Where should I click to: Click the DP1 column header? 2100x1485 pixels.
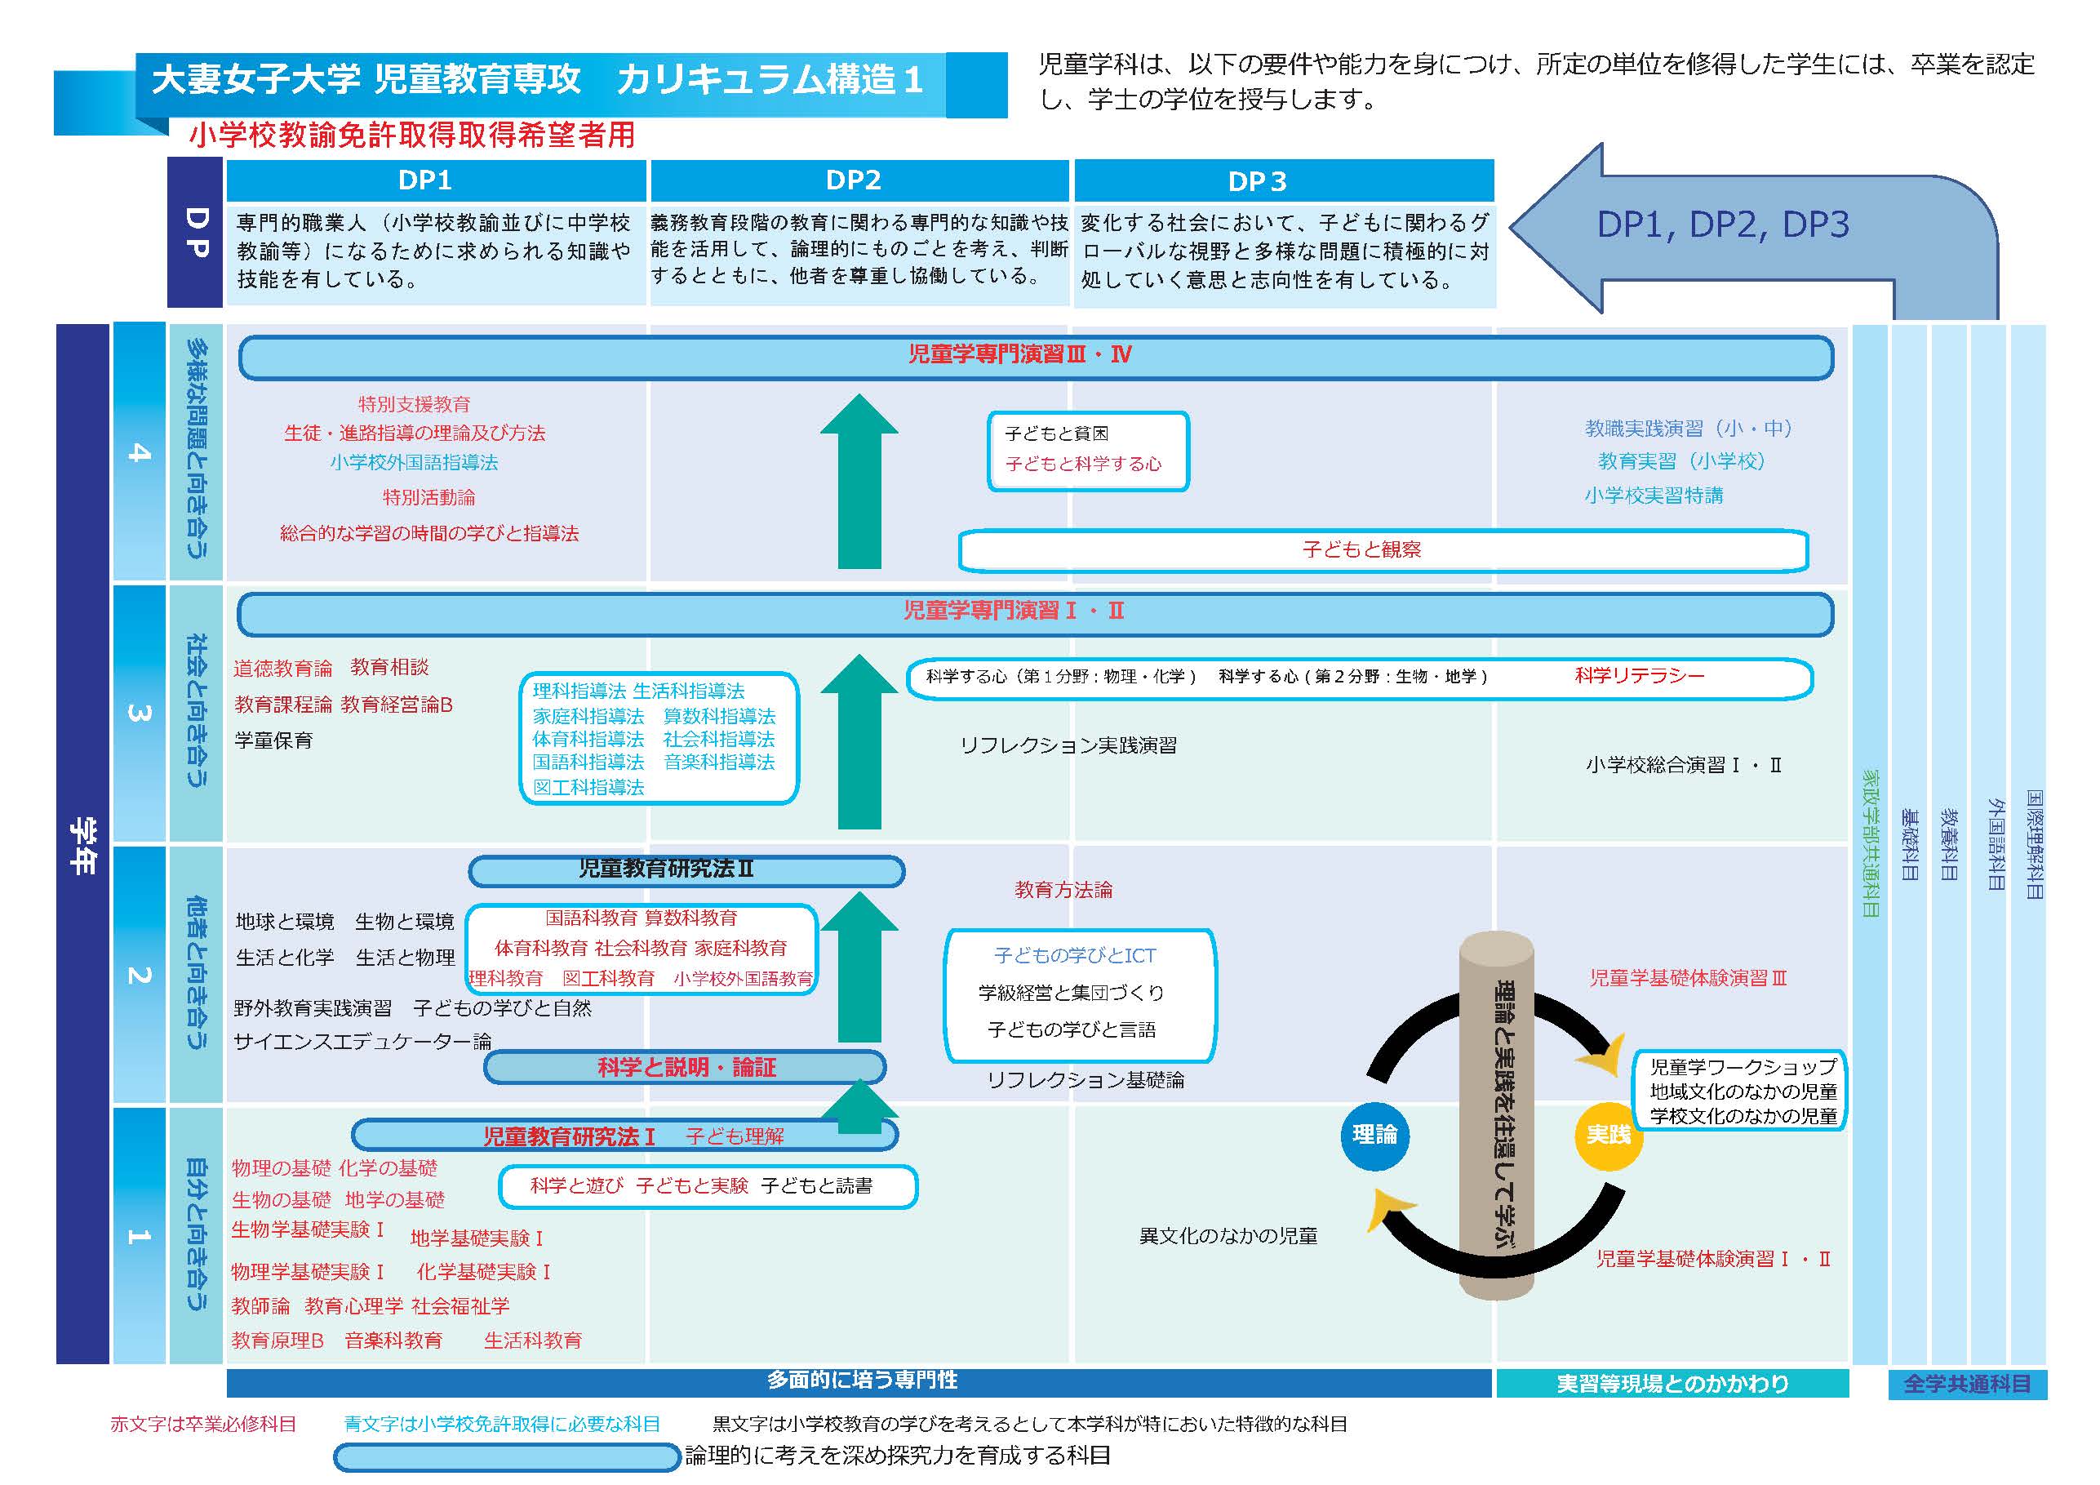pos(425,180)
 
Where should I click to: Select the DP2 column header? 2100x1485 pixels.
pos(854,180)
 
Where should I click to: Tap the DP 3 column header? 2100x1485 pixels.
pos(1257,181)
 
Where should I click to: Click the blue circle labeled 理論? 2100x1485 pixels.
pos(1374,1135)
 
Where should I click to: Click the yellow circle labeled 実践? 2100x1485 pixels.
pos(1608,1135)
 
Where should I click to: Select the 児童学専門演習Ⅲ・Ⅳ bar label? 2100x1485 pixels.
pos(1020,355)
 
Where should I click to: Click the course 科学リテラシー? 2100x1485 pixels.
pos(1639,676)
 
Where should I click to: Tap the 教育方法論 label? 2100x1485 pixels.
pos(1063,889)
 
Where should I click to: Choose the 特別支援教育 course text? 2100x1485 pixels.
pos(415,403)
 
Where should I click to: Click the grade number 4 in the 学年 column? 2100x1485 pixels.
pos(139,452)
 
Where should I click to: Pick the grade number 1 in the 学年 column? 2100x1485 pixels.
pos(139,1236)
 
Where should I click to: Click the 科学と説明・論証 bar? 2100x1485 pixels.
pos(686,1067)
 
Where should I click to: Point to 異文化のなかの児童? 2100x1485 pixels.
pos(1228,1236)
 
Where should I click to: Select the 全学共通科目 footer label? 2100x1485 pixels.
pos(1966,1384)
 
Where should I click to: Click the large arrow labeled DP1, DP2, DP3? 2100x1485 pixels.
pos(1722,225)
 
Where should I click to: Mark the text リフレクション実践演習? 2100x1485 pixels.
pos(1068,745)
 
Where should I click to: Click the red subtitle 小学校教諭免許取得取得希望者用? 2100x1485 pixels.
pos(411,136)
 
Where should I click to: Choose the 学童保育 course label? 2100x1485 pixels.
pos(273,740)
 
